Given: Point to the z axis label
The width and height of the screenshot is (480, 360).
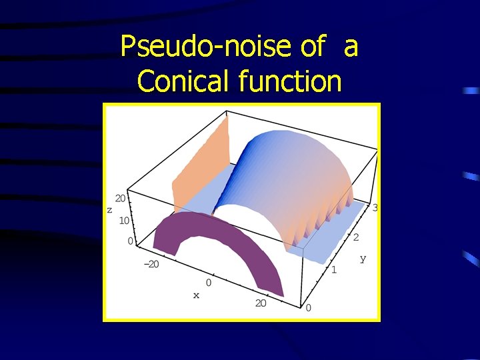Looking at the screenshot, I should tap(109, 209).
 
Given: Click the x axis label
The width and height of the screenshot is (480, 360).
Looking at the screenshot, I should tap(196, 295).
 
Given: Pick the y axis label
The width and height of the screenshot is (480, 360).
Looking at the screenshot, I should tap(363, 258).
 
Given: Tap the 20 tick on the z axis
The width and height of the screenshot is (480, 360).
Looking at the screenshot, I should tap(121, 198).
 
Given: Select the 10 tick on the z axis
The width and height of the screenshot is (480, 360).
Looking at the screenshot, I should tap(125, 220).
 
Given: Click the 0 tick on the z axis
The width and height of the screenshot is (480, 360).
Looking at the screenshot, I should tap(130, 241).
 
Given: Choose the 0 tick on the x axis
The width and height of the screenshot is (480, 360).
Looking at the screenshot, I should tap(209, 283).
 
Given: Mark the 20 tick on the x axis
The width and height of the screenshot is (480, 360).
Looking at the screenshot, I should tap(260, 303).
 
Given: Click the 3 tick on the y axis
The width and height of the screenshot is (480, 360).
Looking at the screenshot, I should tap(375, 208).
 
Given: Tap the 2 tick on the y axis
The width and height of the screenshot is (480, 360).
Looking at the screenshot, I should tap(356, 237).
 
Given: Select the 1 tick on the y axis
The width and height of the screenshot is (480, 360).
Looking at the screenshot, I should tap(334, 270).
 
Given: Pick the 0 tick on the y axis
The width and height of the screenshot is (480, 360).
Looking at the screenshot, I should tap(309, 307).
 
